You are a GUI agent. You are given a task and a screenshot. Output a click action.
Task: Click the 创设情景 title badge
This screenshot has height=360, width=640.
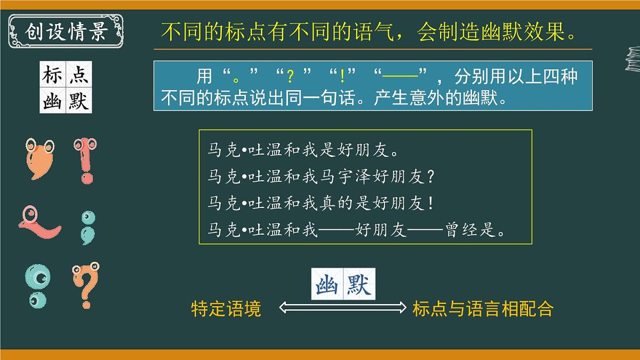(x=66, y=31)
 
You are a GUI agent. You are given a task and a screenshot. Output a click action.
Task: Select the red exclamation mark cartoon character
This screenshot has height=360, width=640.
(x=85, y=161)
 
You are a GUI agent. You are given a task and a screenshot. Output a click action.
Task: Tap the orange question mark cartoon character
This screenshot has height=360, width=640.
(x=85, y=285)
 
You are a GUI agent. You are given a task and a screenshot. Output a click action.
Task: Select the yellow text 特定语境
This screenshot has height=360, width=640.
(x=226, y=309)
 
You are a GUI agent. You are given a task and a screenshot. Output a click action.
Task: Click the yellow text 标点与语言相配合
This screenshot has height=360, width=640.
(x=483, y=309)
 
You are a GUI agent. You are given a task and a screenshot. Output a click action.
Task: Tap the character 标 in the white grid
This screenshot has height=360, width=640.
(x=53, y=74)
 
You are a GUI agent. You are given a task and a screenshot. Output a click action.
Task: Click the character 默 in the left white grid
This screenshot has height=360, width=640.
(x=78, y=100)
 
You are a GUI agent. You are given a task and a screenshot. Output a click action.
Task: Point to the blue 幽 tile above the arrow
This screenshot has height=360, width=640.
(x=327, y=284)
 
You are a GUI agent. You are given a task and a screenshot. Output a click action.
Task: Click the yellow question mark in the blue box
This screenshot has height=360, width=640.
(x=290, y=78)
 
